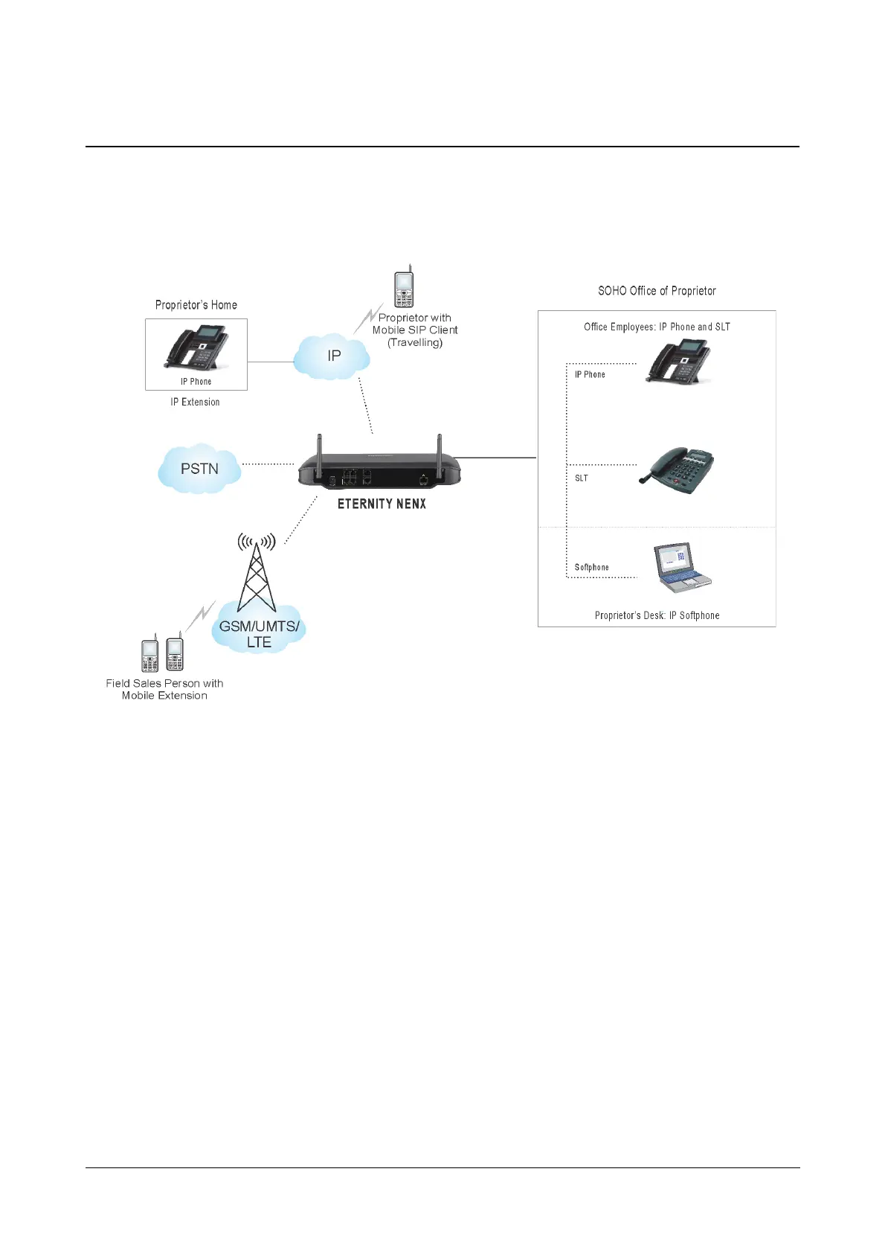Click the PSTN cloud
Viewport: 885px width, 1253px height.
click(199, 469)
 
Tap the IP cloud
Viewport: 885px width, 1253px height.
click(332, 356)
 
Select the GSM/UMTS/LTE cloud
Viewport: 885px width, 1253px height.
click(259, 633)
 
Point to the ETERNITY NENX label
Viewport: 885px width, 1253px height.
click(382, 504)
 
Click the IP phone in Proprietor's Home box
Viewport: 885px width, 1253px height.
click(196, 347)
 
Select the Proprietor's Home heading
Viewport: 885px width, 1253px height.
click(196, 305)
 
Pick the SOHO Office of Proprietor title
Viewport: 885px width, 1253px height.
click(657, 291)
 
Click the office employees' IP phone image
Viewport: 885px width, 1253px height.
click(678, 361)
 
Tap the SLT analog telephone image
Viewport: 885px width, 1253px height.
click(677, 470)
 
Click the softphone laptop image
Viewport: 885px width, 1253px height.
click(680, 567)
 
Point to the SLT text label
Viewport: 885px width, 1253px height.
click(582, 478)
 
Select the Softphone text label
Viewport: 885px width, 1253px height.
click(591, 567)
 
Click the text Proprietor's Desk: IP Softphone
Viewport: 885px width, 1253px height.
click(657, 615)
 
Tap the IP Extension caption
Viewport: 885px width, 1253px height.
click(195, 402)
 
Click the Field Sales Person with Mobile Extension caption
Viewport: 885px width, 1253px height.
click(164, 689)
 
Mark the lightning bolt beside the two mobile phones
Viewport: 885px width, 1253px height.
click(201, 615)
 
